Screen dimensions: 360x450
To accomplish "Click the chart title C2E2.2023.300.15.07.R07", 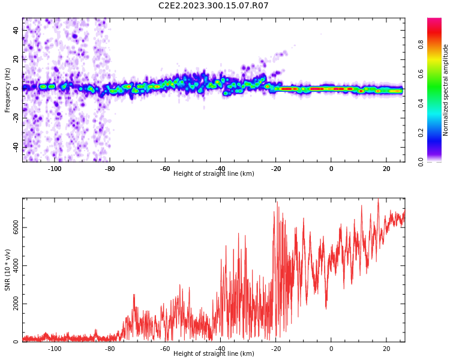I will (x=214, y=6).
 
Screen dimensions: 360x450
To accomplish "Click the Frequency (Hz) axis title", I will (x=8, y=91).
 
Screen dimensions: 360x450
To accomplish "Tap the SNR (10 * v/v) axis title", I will (x=8, y=271).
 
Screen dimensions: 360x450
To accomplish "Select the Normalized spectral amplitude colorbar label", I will (x=446, y=90).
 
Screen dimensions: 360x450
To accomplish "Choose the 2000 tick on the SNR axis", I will (x=12, y=304).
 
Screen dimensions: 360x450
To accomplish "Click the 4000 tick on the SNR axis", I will (x=12, y=266).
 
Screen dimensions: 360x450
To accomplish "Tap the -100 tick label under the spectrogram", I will (x=55, y=168).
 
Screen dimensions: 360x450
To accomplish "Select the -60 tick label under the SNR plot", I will (x=165, y=348).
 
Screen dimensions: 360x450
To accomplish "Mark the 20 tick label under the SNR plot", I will (x=386, y=348).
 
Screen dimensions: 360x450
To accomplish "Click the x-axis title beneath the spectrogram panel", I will (x=214, y=174).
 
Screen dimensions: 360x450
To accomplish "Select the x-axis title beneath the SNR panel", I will (x=214, y=354).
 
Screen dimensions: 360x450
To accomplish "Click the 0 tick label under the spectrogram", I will (x=331, y=168).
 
